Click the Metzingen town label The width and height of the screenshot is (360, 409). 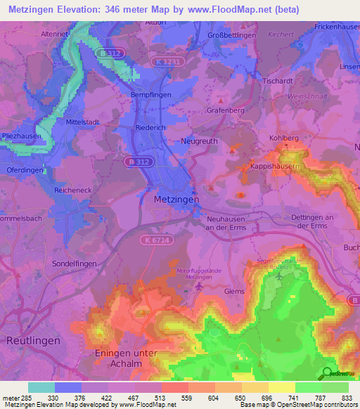point(176,200)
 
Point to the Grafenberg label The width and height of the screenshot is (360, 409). point(226,110)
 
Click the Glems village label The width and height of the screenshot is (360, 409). point(234,291)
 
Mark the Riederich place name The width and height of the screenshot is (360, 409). point(170,129)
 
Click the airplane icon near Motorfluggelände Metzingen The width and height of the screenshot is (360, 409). point(200,285)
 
